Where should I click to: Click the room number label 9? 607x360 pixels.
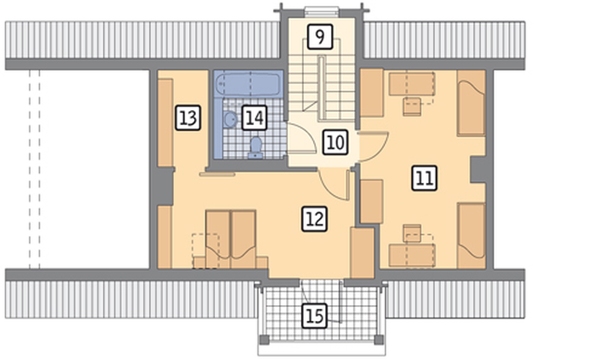coord(320,36)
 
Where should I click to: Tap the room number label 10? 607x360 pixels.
coord(336,142)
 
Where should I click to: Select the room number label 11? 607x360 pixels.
coord(424,178)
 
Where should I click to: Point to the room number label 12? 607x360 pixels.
coord(314,219)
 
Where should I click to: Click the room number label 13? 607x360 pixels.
coord(188,118)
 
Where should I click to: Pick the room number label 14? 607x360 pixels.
coord(254,118)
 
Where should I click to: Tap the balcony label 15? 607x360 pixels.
coord(314,316)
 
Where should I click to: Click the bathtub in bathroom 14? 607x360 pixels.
coord(248,85)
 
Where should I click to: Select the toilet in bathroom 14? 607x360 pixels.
coord(256,147)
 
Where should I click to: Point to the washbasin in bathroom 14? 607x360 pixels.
coord(230,119)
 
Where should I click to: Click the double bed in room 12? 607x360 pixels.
coord(231,239)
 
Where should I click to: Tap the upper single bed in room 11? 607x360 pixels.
coord(471,103)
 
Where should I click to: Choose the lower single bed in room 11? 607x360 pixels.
coord(472,235)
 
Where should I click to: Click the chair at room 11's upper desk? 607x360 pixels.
coord(412,107)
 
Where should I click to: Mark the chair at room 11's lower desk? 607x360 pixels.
coord(412,233)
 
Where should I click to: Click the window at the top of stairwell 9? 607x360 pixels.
coord(322,11)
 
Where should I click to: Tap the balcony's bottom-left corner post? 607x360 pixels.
coord(264,340)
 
